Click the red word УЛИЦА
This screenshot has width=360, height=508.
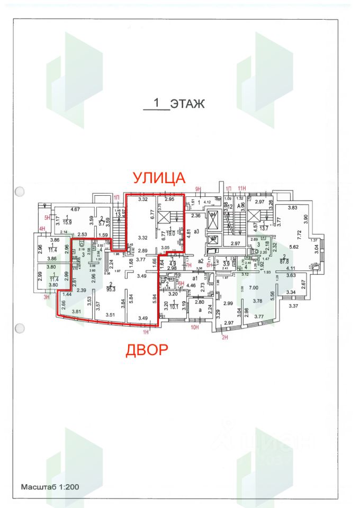click(159, 178)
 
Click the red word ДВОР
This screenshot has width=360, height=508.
click(147, 350)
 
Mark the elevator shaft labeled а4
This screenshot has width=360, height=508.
click(213, 215)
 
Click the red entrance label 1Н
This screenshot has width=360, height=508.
click(146, 332)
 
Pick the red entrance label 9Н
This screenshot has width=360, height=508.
click(199, 189)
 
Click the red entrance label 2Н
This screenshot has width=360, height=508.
click(224, 337)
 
